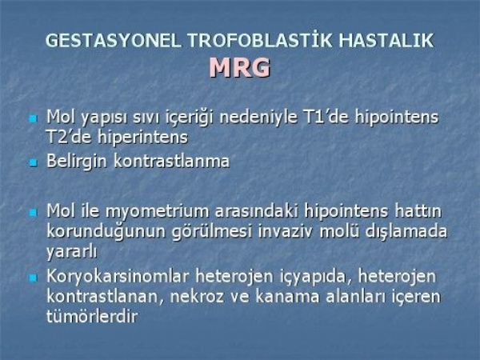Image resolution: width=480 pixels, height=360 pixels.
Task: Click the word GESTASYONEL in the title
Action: click(113, 41)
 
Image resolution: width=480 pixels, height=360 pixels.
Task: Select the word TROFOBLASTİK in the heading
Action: click(259, 40)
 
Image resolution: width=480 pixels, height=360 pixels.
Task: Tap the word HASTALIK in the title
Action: click(386, 41)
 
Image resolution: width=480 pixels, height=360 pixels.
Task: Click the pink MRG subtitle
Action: click(240, 67)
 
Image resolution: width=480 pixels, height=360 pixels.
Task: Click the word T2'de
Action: click(69, 137)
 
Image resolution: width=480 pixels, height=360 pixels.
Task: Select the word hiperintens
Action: click(142, 138)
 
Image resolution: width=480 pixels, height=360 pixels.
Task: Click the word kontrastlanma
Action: click(171, 161)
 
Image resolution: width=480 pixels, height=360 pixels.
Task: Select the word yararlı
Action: click(72, 252)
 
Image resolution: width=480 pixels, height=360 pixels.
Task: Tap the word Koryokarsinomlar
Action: click(118, 277)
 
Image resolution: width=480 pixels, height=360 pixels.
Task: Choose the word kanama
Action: click(287, 297)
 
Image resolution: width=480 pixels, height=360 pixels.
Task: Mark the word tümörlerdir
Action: click(92, 317)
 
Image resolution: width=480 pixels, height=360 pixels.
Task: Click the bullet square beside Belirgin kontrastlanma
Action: click(33, 162)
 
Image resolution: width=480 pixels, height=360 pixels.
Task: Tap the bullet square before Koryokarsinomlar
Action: click(33, 278)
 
